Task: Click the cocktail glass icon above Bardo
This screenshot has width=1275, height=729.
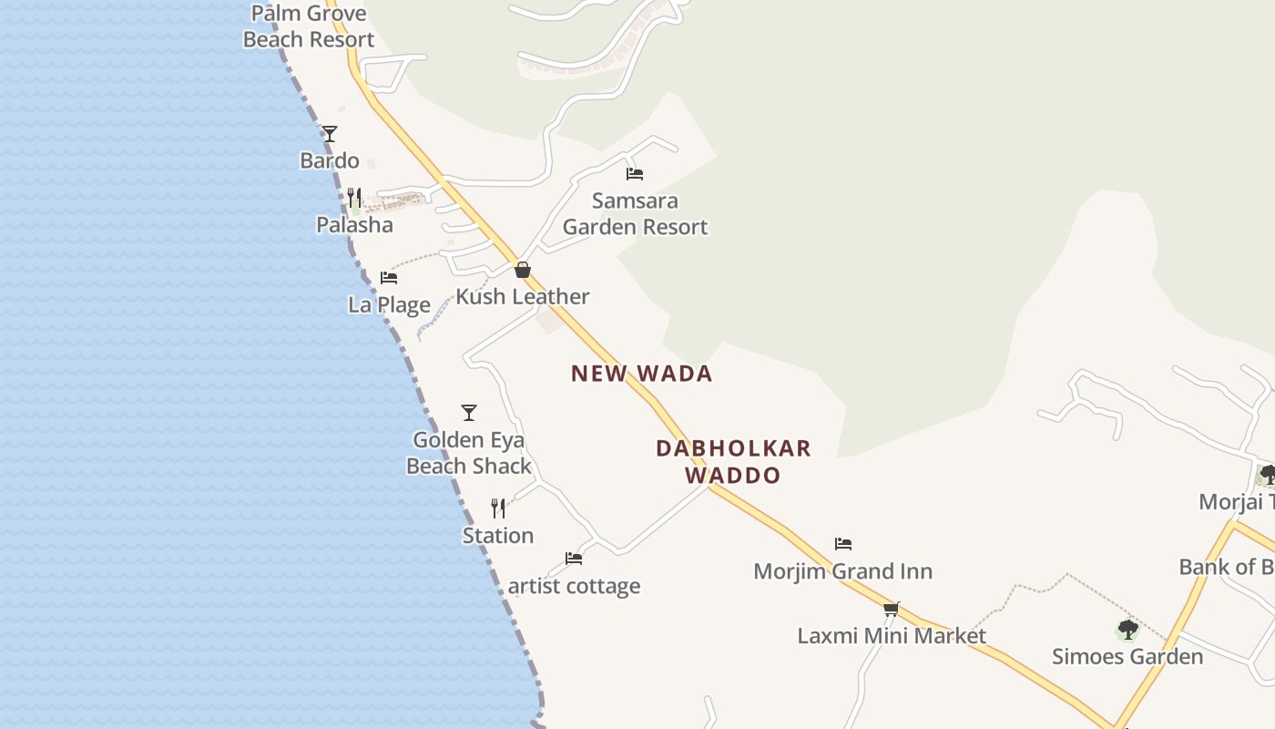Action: (330, 134)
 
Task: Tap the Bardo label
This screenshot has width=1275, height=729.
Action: (330, 161)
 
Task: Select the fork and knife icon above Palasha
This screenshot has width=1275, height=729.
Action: (354, 197)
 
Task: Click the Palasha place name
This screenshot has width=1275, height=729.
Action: (354, 225)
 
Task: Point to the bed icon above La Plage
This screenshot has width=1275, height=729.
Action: (389, 277)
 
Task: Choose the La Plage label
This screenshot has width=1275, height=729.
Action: (389, 304)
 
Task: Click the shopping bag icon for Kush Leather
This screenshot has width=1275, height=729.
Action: (523, 270)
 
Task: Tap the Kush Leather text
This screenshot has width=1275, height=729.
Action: (523, 297)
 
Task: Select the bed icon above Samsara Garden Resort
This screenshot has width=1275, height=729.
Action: (635, 173)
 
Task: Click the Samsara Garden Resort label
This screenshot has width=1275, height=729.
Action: (635, 213)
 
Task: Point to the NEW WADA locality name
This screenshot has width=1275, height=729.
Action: (641, 374)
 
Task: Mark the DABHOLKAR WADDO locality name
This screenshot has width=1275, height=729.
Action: (733, 461)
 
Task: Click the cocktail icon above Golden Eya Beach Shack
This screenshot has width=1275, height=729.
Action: (469, 413)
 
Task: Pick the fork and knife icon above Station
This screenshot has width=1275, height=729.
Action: (498, 508)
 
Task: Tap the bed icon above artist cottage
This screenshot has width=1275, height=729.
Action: (574, 559)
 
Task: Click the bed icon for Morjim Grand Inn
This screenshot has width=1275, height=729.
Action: (843, 544)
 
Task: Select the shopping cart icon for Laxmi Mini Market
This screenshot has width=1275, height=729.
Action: (892, 609)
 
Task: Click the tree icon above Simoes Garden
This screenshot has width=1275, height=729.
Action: (1127, 630)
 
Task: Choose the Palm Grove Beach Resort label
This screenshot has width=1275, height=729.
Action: (309, 26)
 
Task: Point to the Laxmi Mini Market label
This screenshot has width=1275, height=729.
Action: (892, 636)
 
